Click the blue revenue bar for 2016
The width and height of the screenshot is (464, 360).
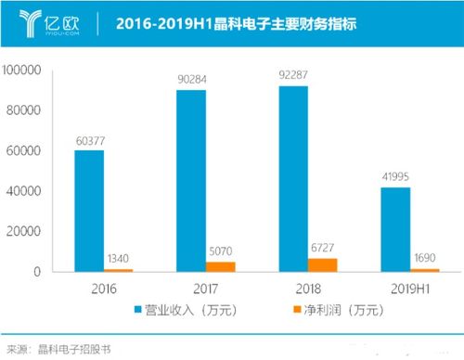[89, 211]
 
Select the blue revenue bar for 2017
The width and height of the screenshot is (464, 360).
[190, 180]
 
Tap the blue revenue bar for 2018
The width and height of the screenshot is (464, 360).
[293, 178]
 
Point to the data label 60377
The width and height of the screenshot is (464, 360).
[91, 140]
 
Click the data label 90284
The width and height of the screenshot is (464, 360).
[192, 79]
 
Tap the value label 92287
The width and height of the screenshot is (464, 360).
[294, 76]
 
